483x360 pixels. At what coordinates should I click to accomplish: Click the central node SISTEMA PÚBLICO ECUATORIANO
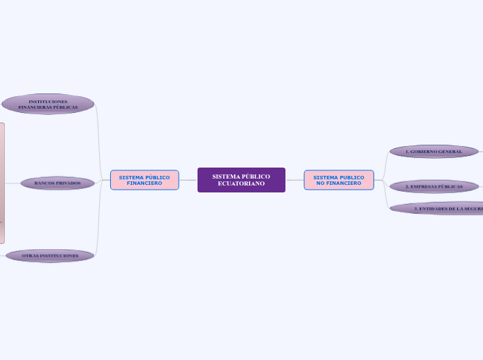(241, 180)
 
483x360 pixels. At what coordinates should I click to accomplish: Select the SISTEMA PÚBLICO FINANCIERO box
(144, 180)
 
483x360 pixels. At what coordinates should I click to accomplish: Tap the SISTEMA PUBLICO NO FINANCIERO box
(339, 180)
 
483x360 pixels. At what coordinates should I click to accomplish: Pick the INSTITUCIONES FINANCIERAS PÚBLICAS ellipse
(48, 104)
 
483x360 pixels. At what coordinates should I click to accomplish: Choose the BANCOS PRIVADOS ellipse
(58, 183)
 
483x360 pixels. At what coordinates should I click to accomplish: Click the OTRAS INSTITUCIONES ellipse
(50, 255)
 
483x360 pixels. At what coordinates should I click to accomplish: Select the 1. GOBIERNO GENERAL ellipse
(434, 151)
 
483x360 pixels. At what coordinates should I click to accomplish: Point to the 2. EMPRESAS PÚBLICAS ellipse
(434, 186)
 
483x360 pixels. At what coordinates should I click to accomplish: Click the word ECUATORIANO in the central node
(241, 183)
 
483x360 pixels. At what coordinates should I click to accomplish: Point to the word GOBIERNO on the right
(425, 151)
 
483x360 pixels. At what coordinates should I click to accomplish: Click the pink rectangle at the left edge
(2, 183)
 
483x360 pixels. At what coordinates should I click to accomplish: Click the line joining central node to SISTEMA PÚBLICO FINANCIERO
(188, 180)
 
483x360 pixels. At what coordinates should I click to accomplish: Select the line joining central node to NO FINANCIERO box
(295, 180)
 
